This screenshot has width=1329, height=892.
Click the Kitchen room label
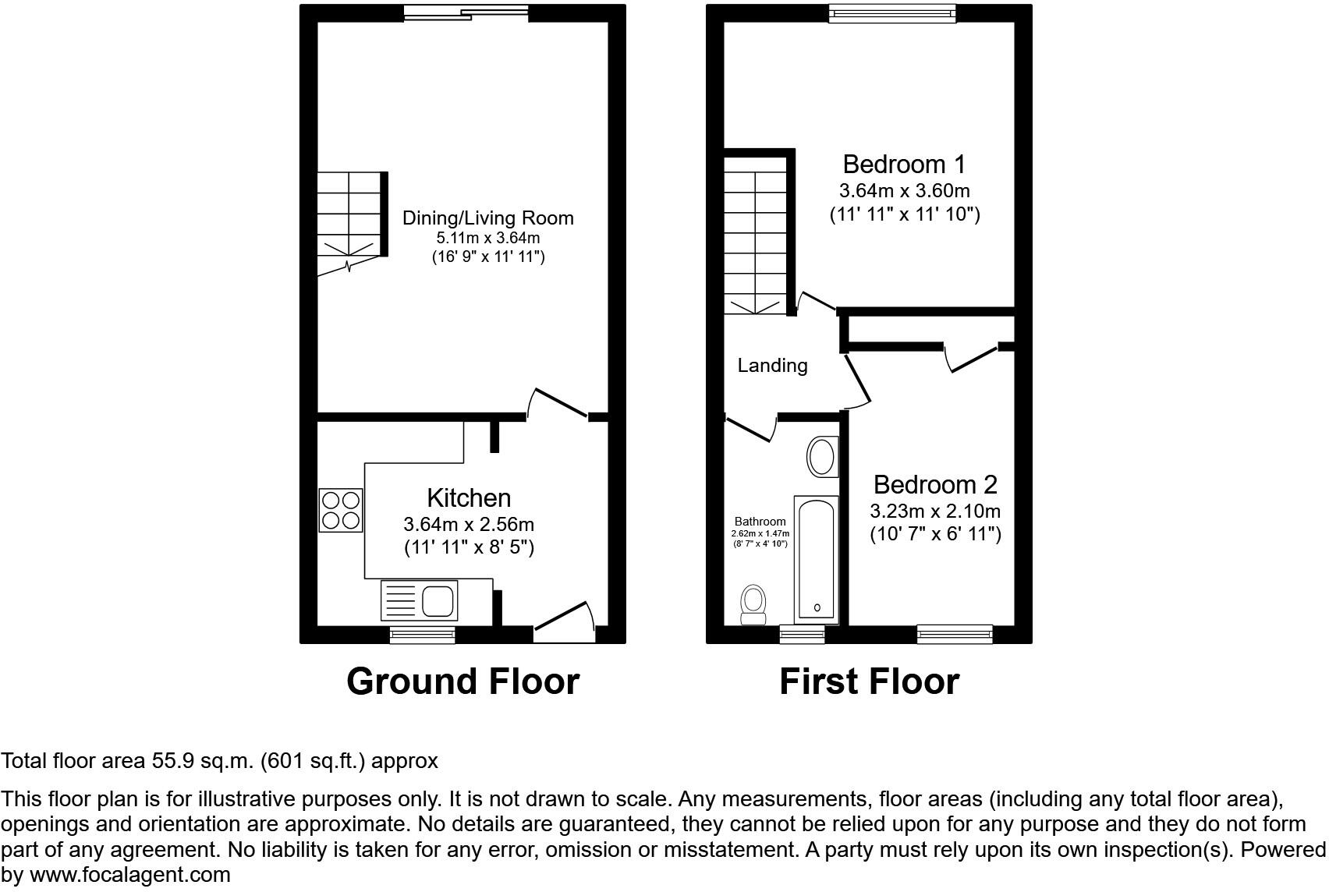coord(468,497)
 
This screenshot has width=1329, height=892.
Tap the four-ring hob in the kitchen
coord(341,510)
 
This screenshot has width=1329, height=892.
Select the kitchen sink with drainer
coord(418,600)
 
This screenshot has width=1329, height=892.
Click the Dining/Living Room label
coord(487,218)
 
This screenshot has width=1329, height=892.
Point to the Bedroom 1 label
coord(904,165)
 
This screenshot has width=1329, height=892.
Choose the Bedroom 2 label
coord(935,485)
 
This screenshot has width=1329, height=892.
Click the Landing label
coord(772,365)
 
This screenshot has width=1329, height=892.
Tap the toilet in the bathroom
coord(753,605)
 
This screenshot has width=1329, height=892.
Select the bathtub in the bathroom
coord(816,558)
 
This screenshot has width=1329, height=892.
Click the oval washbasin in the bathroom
coord(821,457)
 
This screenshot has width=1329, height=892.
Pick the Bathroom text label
coord(760,522)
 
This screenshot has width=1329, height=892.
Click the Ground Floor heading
coord(462,681)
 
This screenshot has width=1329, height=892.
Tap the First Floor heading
coord(869,681)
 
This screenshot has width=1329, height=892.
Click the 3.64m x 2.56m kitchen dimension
coord(469,524)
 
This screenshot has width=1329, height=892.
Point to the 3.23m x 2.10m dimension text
coord(935,511)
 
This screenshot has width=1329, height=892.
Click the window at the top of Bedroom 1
coord(892,11)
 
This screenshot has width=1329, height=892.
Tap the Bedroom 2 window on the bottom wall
coord(955,634)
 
